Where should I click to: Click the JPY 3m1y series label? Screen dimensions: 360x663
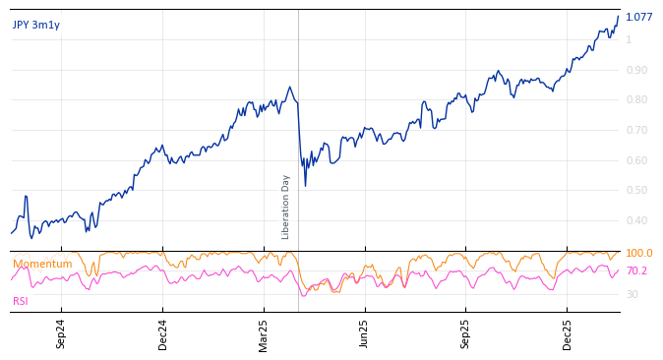click(36, 26)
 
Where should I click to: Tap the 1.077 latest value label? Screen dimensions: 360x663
click(638, 17)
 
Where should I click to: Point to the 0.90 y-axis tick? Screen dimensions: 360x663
click(636, 70)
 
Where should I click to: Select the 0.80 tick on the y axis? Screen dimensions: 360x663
click(636, 100)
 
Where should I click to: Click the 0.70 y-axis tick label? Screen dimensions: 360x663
click(636, 131)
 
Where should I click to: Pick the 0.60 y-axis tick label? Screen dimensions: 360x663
click(636, 161)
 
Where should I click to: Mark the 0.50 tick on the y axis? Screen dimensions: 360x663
click(636, 191)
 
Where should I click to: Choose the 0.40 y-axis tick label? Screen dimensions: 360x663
click(636, 221)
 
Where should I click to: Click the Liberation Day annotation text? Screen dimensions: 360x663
click(286, 207)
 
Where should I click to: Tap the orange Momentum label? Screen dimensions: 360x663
click(42, 265)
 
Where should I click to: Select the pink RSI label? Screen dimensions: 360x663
click(21, 301)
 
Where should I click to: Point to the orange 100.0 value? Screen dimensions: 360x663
click(639, 254)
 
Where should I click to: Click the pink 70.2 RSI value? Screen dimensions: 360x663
click(637, 271)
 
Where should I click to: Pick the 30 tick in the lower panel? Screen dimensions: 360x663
click(633, 295)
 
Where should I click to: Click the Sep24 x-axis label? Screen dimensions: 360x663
click(61, 334)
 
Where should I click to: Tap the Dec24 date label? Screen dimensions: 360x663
click(162, 334)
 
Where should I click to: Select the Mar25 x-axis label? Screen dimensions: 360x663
click(264, 334)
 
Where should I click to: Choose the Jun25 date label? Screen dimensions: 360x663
click(365, 334)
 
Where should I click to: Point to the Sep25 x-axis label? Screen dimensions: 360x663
click(466, 334)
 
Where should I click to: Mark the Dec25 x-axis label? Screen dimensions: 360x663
click(568, 334)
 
